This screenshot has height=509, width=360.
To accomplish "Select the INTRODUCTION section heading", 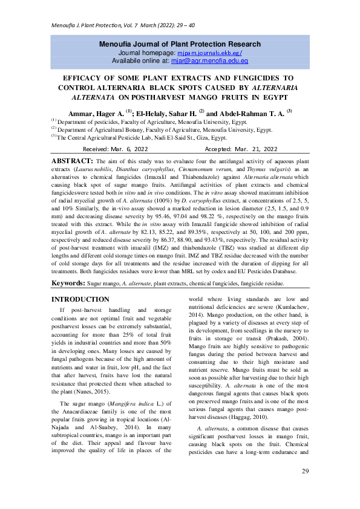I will [x=80, y=300].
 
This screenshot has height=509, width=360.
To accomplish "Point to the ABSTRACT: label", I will [x=72, y=161].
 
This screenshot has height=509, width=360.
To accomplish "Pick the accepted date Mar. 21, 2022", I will [x=255, y=149].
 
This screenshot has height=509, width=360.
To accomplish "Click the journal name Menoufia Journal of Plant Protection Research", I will [x=180, y=44].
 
